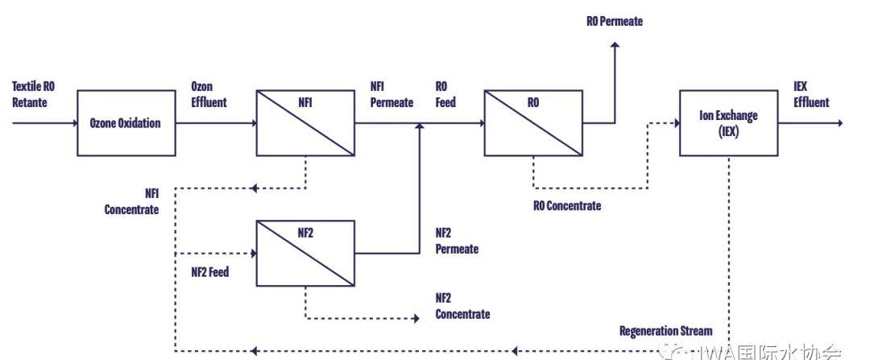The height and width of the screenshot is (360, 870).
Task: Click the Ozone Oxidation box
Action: click(x=126, y=123)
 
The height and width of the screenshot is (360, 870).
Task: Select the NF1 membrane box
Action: click(x=305, y=122)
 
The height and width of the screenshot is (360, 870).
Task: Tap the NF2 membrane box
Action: click(x=305, y=252)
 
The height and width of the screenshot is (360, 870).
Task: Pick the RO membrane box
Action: click(x=532, y=122)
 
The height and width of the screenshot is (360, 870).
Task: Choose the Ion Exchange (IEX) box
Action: click(x=728, y=122)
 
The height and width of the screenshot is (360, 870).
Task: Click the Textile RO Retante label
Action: click(x=30, y=94)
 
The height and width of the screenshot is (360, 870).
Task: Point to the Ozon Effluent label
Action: click(x=209, y=94)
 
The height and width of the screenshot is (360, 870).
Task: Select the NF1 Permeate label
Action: click(x=391, y=94)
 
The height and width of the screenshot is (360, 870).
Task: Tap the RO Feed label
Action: click(x=445, y=94)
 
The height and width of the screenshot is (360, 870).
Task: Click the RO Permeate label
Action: click(x=615, y=21)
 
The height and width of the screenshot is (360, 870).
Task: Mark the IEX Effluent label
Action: click(x=811, y=94)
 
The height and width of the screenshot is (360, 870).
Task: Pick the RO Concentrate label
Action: click(x=567, y=205)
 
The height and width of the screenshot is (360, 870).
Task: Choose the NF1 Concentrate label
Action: click(x=131, y=202)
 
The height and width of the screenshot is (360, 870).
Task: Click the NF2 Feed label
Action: click(x=209, y=271)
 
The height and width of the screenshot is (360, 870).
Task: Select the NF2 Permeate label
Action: click(x=457, y=241)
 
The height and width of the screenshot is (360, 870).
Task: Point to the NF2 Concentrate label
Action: click(x=462, y=305)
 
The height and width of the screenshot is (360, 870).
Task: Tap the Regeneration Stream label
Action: click(x=665, y=331)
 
